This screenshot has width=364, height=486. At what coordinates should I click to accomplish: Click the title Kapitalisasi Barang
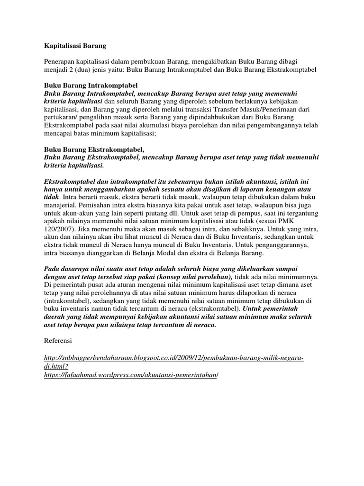(x=75, y=46)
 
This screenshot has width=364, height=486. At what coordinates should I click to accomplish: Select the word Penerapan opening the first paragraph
(x=60, y=61)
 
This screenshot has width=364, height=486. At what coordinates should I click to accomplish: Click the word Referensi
(x=59, y=340)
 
